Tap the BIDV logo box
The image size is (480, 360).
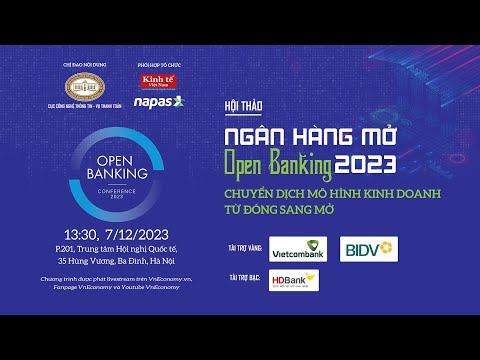coord(370,248)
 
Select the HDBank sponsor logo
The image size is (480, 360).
coord(294,281)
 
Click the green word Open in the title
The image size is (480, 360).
coord(255,161)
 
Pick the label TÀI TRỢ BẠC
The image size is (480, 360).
coord(246,273)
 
